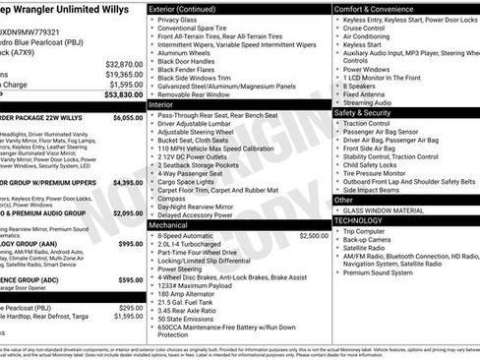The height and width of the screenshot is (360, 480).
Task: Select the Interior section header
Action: tap(161, 103)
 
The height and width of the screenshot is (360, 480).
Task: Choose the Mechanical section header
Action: tap(169, 224)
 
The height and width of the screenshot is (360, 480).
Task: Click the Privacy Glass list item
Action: tap(177, 20)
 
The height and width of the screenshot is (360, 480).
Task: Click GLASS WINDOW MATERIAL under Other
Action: tap(384, 209)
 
